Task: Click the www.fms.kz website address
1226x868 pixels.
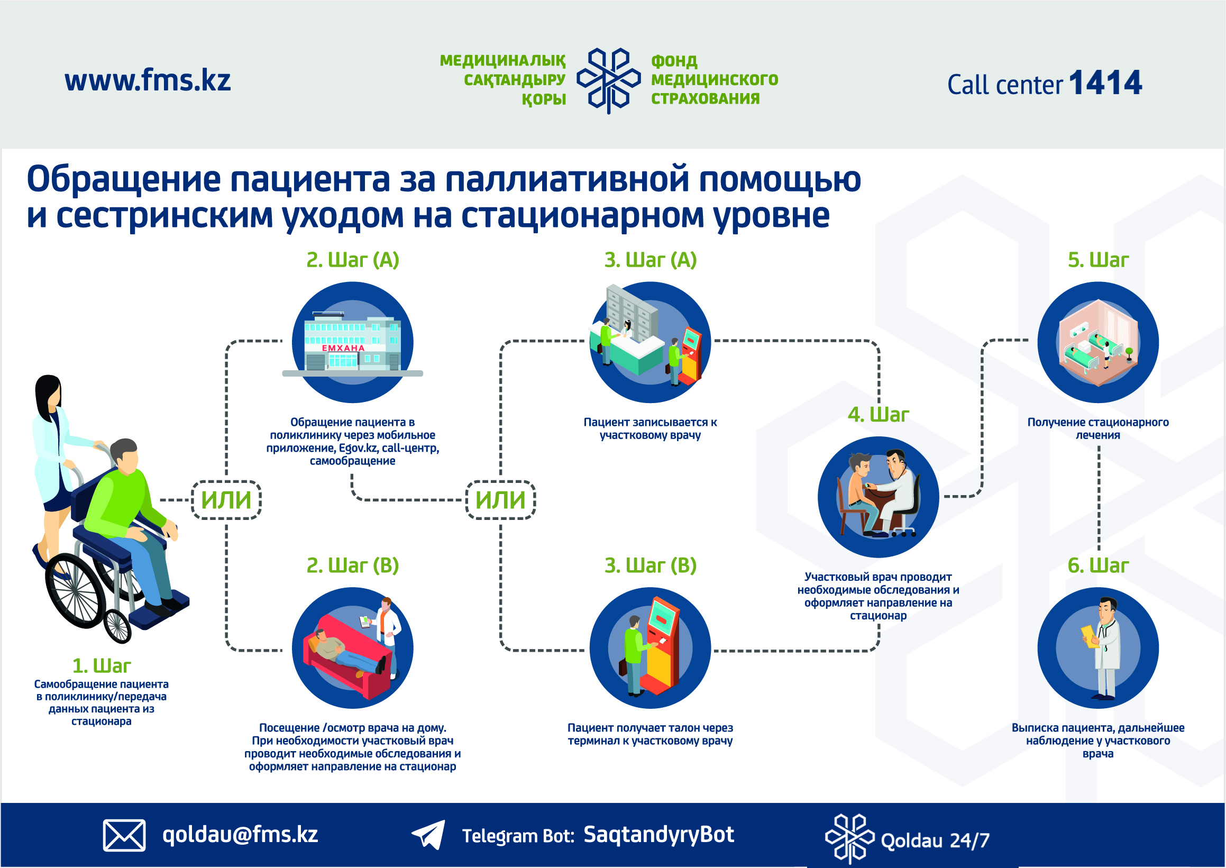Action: pyautogui.click(x=148, y=81)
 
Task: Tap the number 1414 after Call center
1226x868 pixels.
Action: pyautogui.click(x=1105, y=83)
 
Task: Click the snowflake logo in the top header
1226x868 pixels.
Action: pyautogui.click(x=608, y=80)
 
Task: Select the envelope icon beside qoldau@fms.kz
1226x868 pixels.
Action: pyautogui.click(x=124, y=835)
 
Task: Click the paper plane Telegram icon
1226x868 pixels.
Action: pyautogui.click(x=428, y=834)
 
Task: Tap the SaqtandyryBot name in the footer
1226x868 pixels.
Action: pyautogui.click(x=658, y=835)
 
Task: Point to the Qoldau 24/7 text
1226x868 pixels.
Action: pyautogui.click(x=935, y=840)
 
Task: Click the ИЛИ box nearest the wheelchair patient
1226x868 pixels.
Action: pyautogui.click(x=226, y=500)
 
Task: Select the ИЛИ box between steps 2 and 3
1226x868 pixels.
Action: pyautogui.click(x=501, y=500)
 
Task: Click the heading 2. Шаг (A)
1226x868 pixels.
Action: pyautogui.click(x=353, y=260)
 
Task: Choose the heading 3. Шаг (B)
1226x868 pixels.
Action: pyautogui.click(x=651, y=565)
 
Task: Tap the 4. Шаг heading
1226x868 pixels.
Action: pyautogui.click(x=878, y=415)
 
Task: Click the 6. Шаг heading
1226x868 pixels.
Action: pyautogui.click(x=1097, y=565)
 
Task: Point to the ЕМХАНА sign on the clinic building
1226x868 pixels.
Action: pyautogui.click(x=343, y=348)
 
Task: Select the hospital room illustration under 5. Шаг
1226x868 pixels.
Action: pyautogui.click(x=1097, y=342)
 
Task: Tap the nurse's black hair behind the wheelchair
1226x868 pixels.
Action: pyautogui.click(x=47, y=396)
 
